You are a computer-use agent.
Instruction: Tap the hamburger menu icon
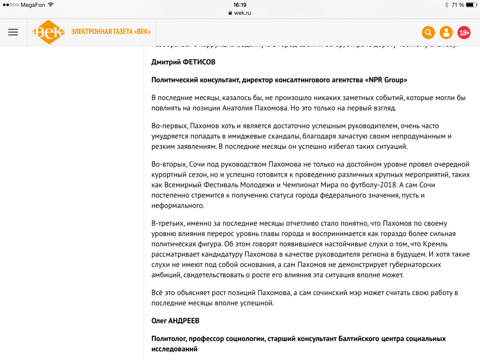(13, 32)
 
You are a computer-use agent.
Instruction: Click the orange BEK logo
(49, 32)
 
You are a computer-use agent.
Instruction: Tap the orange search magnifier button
(429, 33)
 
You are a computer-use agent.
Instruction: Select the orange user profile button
(446, 33)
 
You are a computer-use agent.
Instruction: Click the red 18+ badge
(464, 33)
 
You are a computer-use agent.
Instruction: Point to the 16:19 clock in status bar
(240, 5)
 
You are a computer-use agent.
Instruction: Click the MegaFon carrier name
(33, 5)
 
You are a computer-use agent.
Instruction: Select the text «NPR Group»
(386, 80)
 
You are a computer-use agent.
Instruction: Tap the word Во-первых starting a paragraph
(168, 126)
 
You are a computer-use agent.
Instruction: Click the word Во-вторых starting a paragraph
(169, 164)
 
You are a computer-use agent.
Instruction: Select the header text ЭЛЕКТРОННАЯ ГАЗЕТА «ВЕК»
(111, 32)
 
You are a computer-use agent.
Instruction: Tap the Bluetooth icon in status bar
(446, 5)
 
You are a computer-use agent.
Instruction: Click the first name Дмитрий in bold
(167, 62)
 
